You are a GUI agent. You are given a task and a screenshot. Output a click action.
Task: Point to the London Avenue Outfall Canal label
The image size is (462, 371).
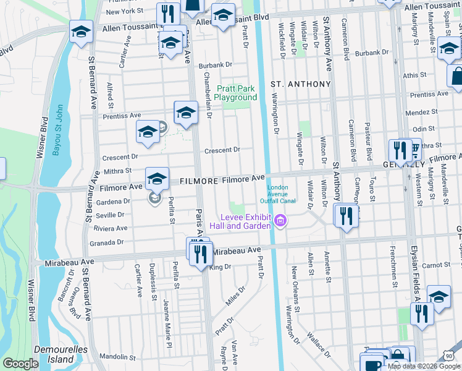click(x=283, y=194)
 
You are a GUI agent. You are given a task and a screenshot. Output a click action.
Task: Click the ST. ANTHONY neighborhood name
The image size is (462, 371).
click(x=301, y=83)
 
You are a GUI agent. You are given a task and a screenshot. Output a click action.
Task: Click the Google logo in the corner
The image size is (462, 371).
click(x=20, y=364)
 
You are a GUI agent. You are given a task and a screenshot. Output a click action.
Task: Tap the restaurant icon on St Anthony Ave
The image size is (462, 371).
click(x=346, y=216)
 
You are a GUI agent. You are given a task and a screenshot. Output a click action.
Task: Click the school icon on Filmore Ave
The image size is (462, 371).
click(x=157, y=179)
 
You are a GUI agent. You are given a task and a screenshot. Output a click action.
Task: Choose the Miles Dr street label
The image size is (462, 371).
click(x=232, y=299)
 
